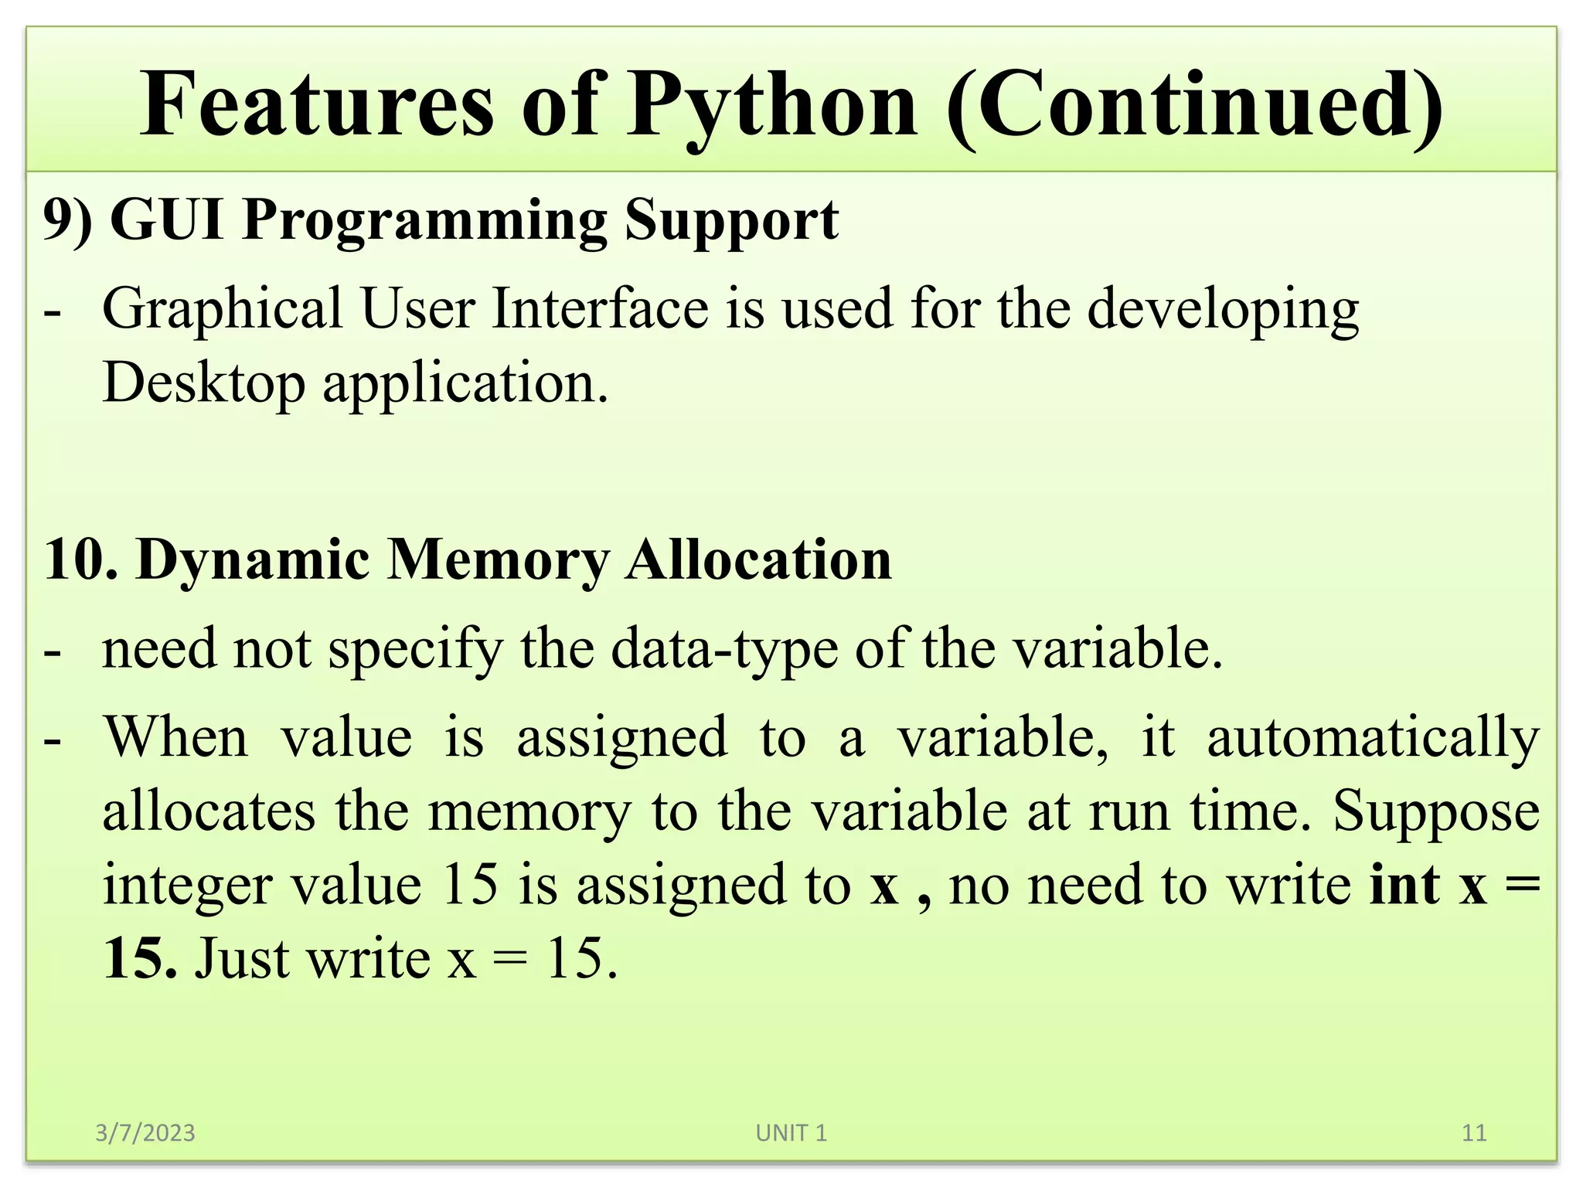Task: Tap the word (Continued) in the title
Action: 1194,106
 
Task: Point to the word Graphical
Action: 223,310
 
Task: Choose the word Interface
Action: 601,308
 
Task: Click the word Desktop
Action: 203,383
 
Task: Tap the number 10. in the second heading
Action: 80,559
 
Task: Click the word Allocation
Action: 758,559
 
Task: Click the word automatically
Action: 1373,738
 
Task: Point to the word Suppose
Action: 1436,812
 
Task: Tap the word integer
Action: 187,886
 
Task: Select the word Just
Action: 241,959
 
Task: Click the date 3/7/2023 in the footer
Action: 145,1133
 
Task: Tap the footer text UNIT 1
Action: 791,1133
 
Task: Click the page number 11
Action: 1474,1133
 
